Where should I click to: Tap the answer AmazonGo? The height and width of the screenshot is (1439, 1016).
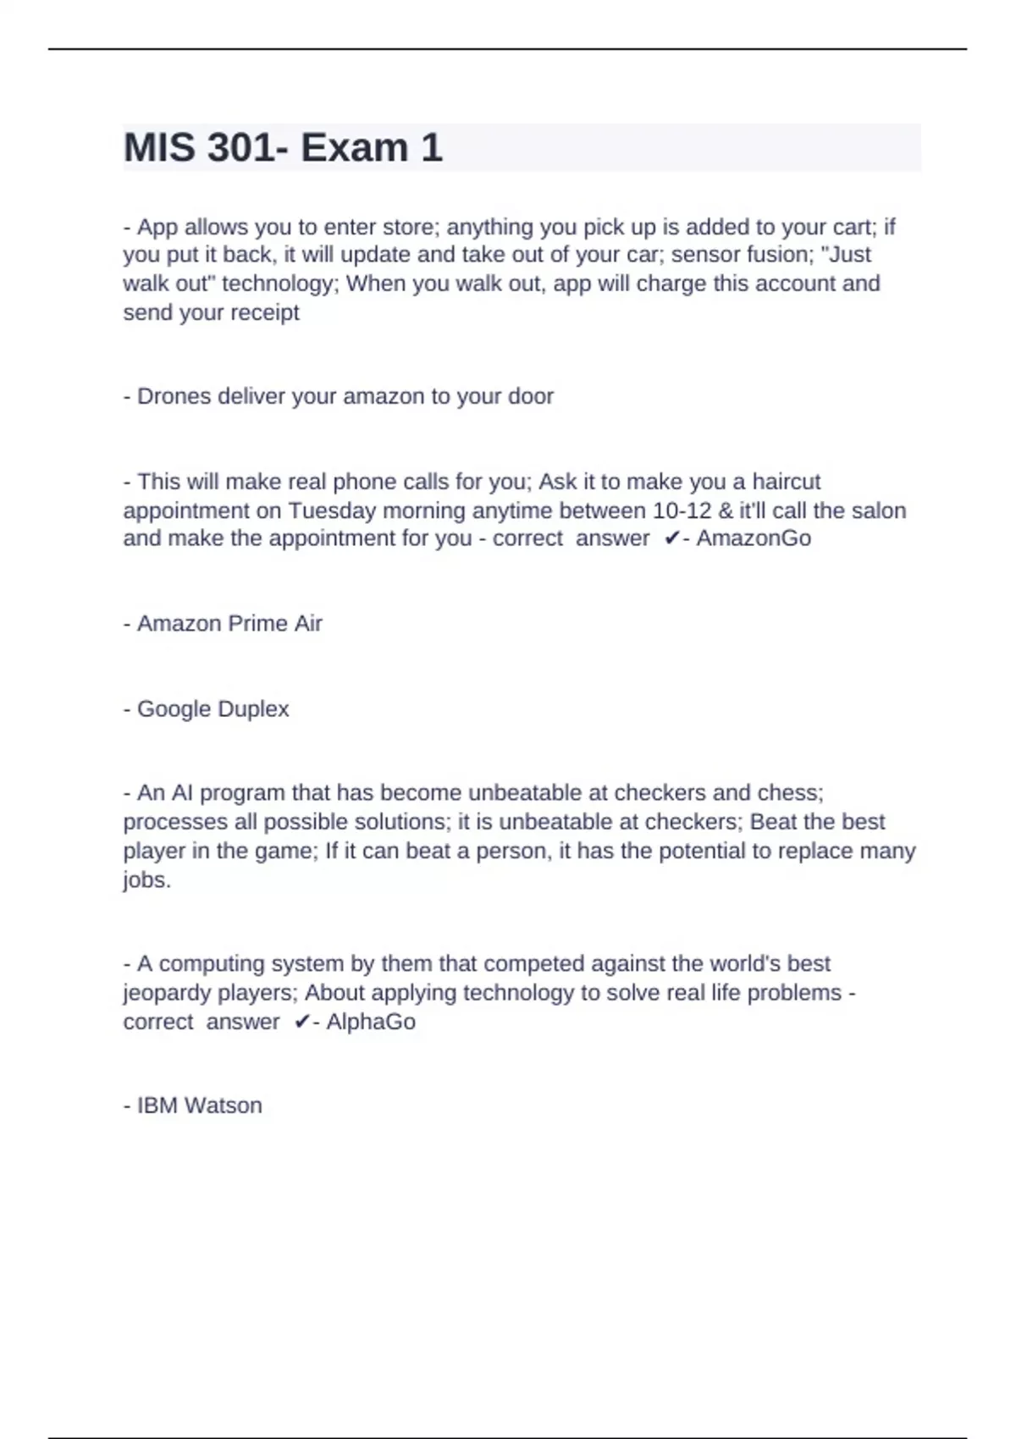754,538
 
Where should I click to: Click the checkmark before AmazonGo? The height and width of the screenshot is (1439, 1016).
671,538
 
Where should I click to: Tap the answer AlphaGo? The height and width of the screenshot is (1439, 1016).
371,1022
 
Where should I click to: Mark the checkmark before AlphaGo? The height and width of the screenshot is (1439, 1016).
301,1022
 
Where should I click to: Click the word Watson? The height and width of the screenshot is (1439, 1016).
224,1105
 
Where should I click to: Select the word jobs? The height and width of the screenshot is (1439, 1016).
146,880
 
